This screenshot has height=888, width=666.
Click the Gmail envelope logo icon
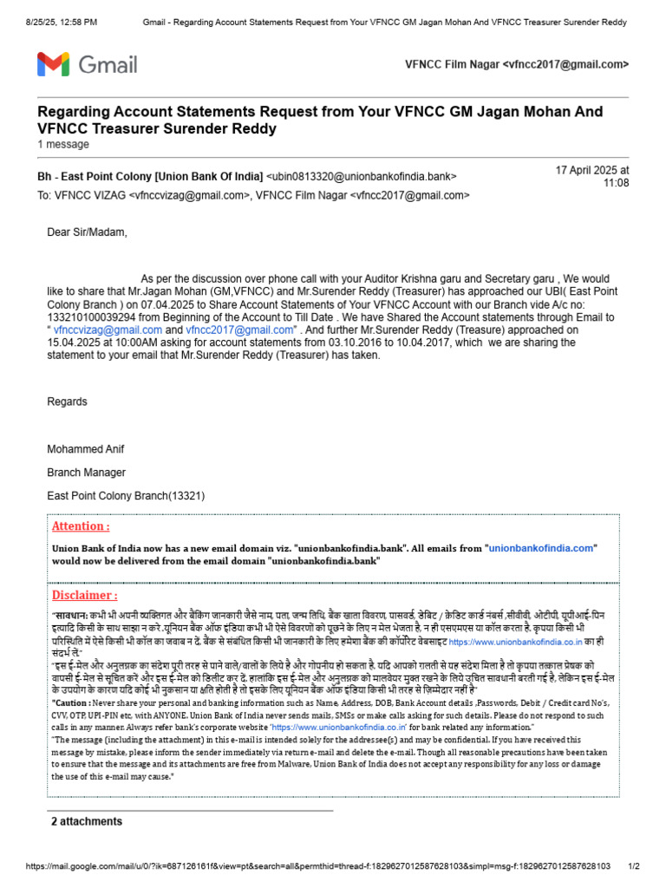(54, 64)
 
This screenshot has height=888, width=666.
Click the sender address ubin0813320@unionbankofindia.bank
(361, 177)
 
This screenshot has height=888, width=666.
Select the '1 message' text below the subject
(62, 144)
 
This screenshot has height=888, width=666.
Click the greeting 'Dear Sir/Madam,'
(87, 232)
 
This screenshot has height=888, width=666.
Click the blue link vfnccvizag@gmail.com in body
(108, 330)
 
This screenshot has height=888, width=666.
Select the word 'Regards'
(67, 402)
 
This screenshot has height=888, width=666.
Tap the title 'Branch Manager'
(86, 473)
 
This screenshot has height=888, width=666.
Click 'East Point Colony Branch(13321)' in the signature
(126, 496)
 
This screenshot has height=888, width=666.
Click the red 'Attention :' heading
(81, 526)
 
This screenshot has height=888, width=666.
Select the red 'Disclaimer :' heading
(84, 596)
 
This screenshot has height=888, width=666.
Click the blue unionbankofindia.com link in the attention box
(541, 548)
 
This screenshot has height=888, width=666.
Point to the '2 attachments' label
(86, 821)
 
